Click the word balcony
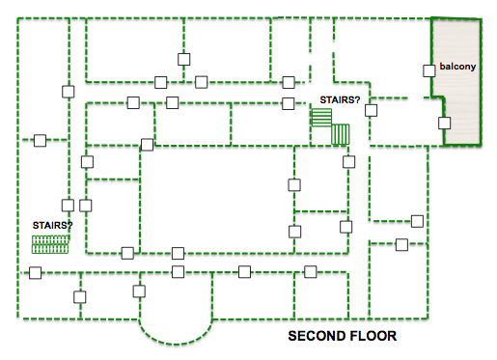[x=457, y=67]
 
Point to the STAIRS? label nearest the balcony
[x=340, y=100]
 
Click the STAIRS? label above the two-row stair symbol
[x=52, y=225]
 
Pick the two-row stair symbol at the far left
[x=50, y=244]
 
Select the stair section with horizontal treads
[x=321, y=118]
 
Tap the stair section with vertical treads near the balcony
[x=341, y=134]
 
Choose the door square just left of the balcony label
[x=428, y=70]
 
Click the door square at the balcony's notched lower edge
[x=444, y=123]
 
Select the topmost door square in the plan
[x=184, y=59]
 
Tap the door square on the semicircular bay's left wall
[x=139, y=291]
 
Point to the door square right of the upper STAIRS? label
[x=371, y=110]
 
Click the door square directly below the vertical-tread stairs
[x=349, y=162]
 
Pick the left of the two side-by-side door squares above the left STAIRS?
[x=68, y=205]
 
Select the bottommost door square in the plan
[x=80, y=297]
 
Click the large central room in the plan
[x=217, y=200]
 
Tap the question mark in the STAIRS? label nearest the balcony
[x=357, y=100]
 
